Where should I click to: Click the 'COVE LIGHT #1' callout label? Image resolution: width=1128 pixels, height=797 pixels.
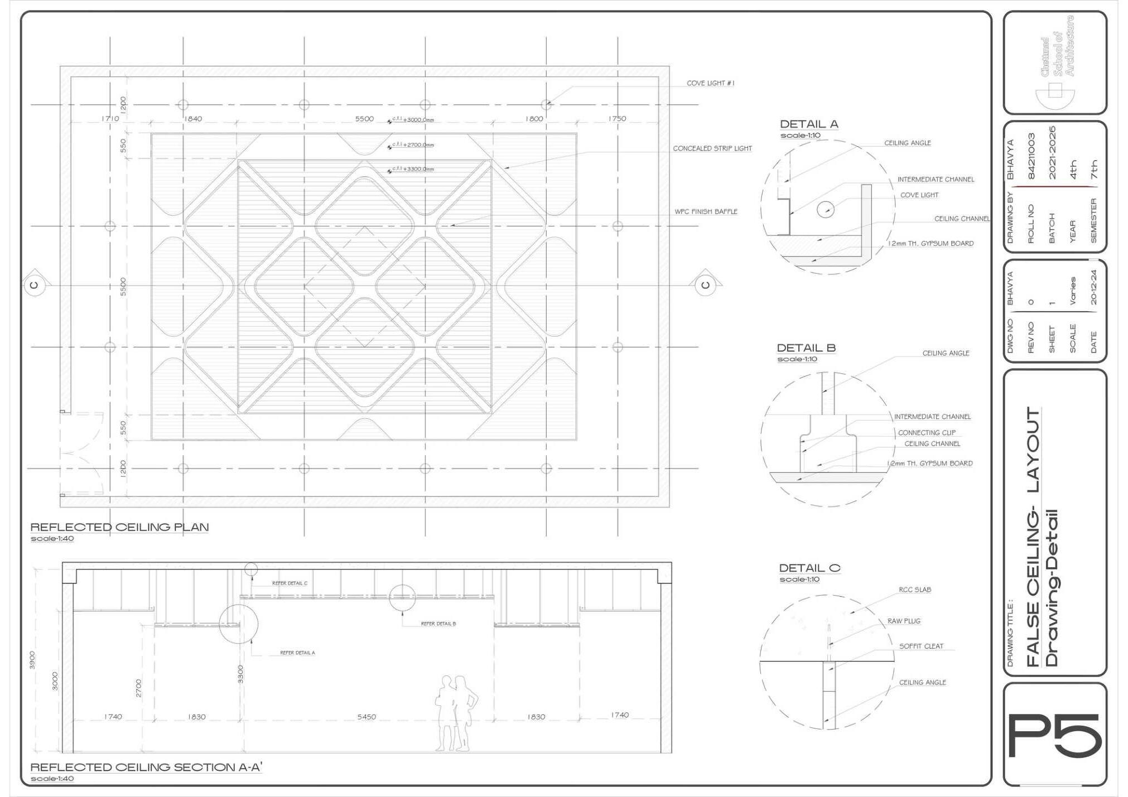point(710,84)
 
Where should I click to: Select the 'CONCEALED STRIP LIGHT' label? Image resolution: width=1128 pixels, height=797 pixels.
point(712,149)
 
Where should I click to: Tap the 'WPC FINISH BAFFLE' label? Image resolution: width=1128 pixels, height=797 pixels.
point(706,212)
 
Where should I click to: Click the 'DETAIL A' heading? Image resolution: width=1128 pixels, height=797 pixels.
point(809,124)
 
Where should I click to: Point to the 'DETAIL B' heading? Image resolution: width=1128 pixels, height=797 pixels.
point(806,348)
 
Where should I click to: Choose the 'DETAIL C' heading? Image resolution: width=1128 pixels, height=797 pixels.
point(809,568)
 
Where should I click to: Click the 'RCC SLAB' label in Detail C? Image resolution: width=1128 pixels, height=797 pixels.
point(915,590)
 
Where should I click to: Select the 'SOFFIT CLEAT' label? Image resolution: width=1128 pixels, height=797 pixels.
point(921,646)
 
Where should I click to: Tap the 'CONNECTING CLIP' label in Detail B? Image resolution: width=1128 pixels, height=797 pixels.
point(927,433)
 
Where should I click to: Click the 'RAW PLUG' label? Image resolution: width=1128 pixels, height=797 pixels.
point(904,621)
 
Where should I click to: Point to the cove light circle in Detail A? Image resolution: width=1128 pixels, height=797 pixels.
point(826,210)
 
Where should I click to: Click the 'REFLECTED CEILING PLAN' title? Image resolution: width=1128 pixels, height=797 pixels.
point(119,527)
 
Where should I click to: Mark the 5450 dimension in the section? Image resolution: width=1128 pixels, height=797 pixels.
point(367,717)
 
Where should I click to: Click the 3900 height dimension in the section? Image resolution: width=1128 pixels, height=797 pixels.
point(32,660)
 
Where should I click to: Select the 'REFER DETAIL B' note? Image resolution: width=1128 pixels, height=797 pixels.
point(438,624)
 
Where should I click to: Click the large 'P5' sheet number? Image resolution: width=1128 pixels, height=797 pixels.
point(1054,736)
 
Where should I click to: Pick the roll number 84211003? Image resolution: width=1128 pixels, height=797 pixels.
point(1031,157)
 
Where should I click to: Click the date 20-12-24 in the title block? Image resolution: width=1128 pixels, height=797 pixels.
point(1093,288)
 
